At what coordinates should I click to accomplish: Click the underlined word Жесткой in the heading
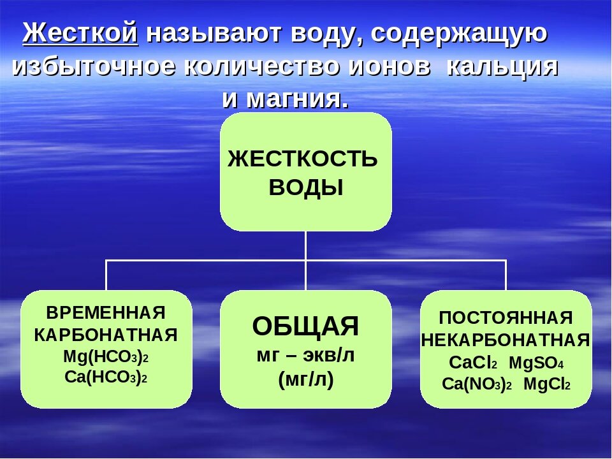(x=80, y=34)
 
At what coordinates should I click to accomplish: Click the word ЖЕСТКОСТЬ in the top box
(x=303, y=159)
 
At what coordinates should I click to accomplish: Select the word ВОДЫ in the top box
(x=306, y=188)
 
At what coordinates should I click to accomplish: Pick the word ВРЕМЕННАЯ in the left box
(x=106, y=313)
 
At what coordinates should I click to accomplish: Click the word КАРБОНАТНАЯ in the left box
(x=106, y=335)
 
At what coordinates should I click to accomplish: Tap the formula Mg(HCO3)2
(x=106, y=356)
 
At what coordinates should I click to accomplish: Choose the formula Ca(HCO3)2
(x=106, y=377)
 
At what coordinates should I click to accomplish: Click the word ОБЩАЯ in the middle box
(x=305, y=326)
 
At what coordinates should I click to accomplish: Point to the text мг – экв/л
(x=305, y=356)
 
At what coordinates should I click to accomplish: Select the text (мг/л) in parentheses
(x=306, y=380)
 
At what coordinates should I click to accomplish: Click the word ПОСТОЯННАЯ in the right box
(x=506, y=317)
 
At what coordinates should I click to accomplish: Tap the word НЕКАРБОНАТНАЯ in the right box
(x=506, y=340)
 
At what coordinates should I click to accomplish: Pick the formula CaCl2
(x=473, y=363)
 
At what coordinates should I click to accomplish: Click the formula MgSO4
(x=536, y=363)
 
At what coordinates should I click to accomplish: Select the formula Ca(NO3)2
(x=477, y=384)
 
